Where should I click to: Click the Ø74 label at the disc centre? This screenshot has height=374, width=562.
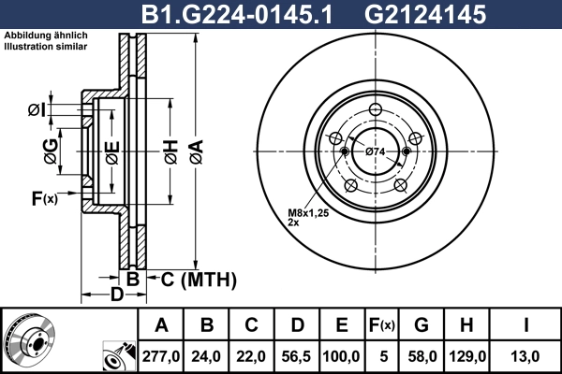[376, 151]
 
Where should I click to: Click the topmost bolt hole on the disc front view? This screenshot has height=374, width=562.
[375, 108]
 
